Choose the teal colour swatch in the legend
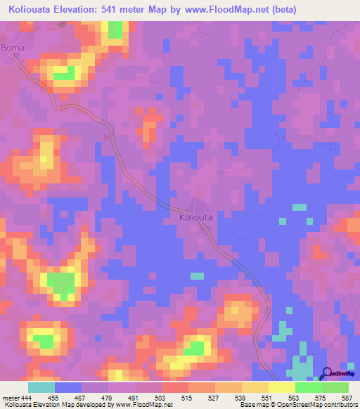point(41,387)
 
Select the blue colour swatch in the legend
point(68,387)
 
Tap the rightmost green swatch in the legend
point(335,387)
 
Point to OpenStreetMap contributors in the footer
point(316,405)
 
